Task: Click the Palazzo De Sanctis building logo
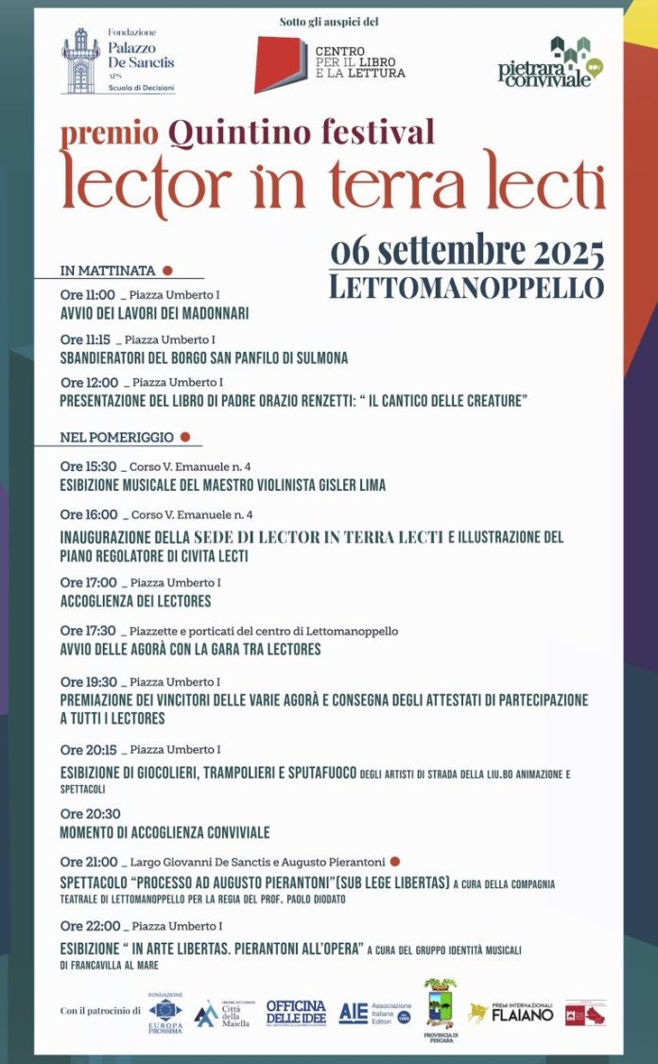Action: (80, 61)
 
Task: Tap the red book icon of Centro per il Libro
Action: (281, 64)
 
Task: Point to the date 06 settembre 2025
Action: (467, 253)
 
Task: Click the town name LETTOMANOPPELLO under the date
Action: (466, 288)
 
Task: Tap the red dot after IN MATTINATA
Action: (167, 270)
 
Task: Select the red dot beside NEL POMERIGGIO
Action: (185, 437)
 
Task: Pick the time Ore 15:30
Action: (88, 466)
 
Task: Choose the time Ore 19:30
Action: (88, 681)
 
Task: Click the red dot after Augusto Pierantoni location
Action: (395, 862)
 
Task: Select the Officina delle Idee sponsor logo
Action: (296, 1012)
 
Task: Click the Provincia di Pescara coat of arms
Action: (440, 1006)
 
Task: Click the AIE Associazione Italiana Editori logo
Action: (374, 1013)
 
